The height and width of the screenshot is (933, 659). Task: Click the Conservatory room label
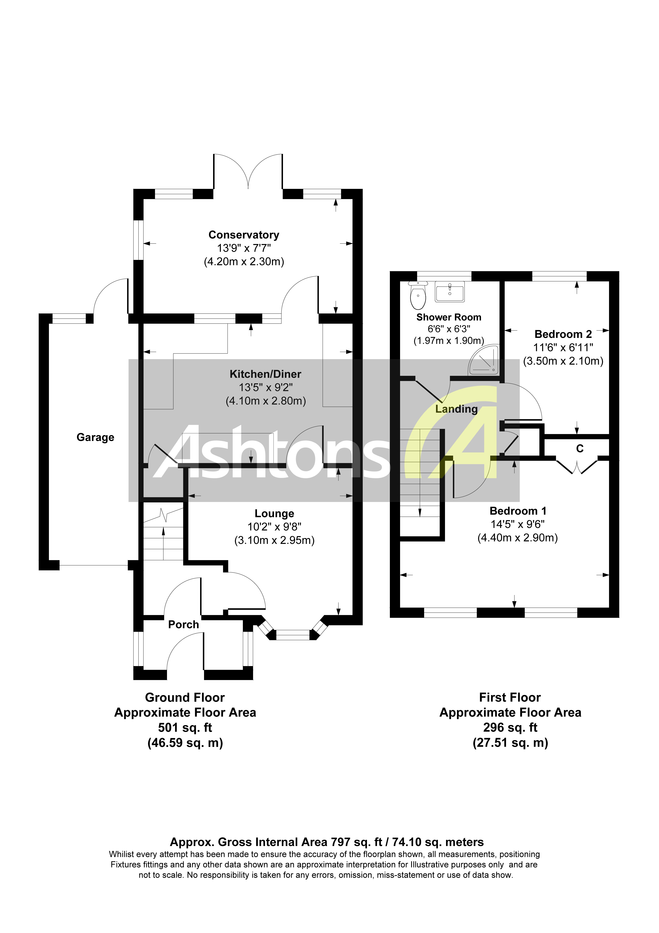point(244,235)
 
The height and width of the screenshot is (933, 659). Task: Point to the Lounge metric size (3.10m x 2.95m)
point(274,540)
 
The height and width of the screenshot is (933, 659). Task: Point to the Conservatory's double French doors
point(248,173)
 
